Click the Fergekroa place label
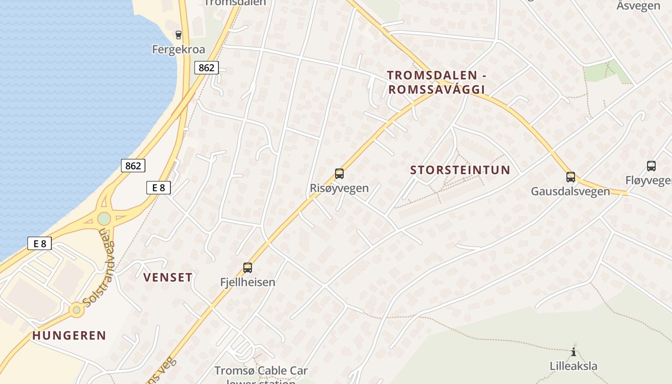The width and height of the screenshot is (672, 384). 179,49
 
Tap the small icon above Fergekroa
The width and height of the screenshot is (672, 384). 179,35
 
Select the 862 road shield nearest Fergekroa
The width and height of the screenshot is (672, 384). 206,68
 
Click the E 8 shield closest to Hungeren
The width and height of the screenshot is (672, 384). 39,244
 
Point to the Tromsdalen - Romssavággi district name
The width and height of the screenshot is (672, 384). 436,82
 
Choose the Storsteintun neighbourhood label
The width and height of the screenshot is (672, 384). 460,170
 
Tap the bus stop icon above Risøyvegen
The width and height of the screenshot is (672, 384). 339,174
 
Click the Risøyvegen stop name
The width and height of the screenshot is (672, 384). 339,188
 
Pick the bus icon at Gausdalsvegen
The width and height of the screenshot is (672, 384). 570,177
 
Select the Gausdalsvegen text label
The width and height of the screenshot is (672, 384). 570,192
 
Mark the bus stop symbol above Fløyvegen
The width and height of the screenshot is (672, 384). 651,166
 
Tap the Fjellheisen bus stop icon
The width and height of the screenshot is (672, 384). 248,268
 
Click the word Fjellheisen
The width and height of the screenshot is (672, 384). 248,282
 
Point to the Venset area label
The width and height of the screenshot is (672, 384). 168,277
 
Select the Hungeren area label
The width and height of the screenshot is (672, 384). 69,336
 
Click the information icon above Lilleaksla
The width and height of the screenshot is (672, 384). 574,352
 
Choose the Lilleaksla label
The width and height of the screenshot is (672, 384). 574,366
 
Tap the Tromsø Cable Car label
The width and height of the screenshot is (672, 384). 261,371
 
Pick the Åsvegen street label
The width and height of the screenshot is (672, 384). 638,6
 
